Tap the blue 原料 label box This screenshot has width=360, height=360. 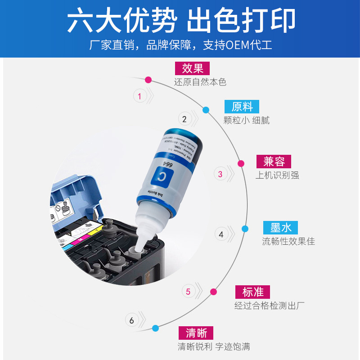pyautogui.click(x=242, y=107)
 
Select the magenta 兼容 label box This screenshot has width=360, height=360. pyautogui.click(x=274, y=162)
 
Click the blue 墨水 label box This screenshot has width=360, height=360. pyautogui.click(x=281, y=227)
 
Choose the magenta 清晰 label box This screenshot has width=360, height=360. pyautogui.click(x=196, y=333)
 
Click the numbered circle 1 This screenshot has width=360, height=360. pyautogui.click(x=139, y=96)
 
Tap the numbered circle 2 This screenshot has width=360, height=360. pyautogui.click(x=184, y=119)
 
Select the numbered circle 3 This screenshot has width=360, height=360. pyautogui.click(x=220, y=174)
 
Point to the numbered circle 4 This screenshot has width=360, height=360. pyautogui.click(x=221, y=234)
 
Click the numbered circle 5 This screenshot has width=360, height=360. pyautogui.click(x=188, y=292)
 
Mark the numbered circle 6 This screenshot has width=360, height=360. pyautogui.click(x=132, y=320)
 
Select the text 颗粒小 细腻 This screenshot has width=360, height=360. pyautogui.click(x=247, y=121)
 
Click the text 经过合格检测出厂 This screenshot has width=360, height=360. pyautogui.click(x=270, y=306)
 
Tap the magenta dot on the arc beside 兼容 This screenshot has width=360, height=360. pyautogui.click(x=241, y=163)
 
